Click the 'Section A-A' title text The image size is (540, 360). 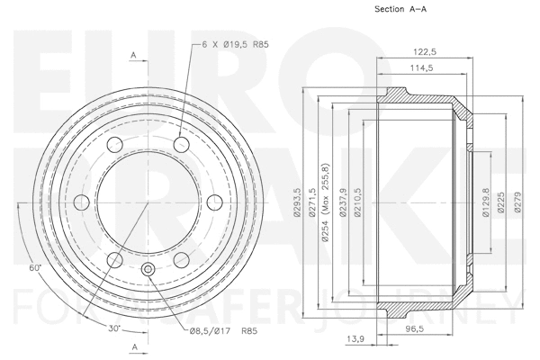[x=400, y=11]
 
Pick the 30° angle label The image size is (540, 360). [x=115, y=327]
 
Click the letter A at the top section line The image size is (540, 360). [x=133, y=56]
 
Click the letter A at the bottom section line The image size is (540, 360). [x=133, y=346]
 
